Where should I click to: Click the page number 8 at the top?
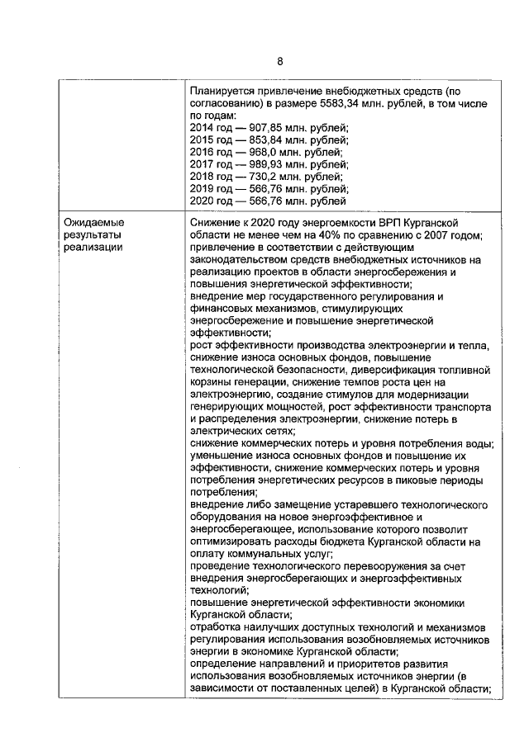(280, 62)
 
